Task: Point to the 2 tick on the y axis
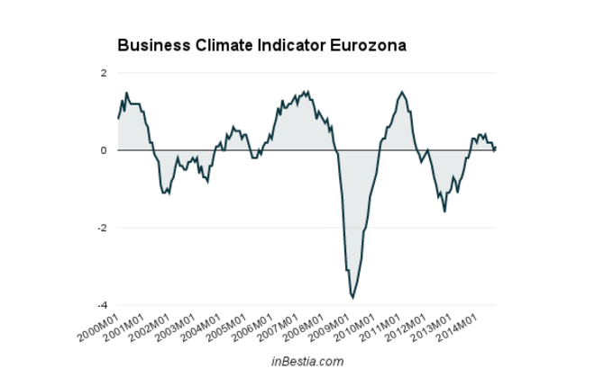[104, 73]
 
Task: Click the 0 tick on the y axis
[104, 150]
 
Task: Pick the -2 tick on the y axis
[102, 228]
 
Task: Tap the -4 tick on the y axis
[102, 305]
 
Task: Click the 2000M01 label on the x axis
[96, 327]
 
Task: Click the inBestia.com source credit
[307, 362]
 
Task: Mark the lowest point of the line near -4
[352, 297]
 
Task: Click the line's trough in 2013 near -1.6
[444, 211]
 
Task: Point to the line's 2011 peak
[402, 92]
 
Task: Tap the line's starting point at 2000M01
[118, 119]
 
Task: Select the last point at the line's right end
[495, 147]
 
